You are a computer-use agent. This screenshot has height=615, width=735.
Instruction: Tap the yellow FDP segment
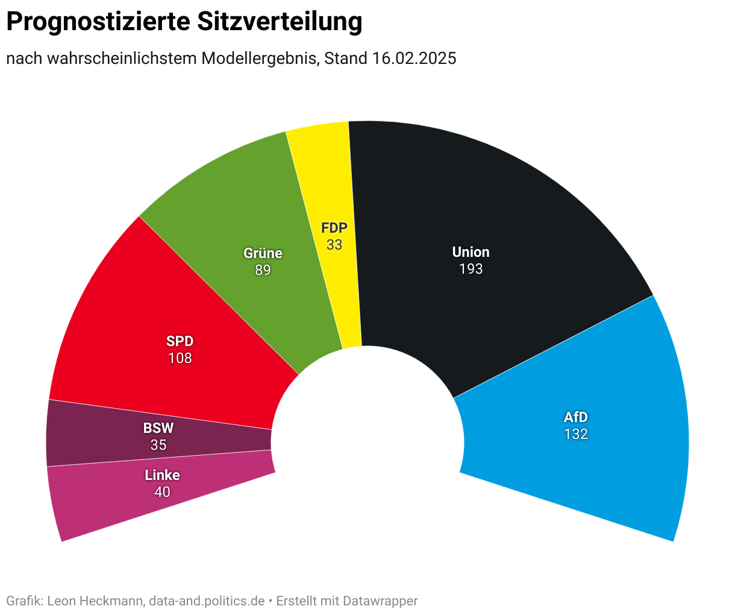tap(328, 181)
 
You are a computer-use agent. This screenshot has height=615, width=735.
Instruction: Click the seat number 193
tap(471, 269)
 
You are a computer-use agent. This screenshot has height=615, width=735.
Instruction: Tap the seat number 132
tap(575, 434)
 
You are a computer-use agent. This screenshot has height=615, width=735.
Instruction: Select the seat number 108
tap(180, 358)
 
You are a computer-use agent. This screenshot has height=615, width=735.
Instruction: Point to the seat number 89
tap(263, 270)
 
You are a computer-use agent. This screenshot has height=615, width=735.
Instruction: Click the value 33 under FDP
tap(334, 245)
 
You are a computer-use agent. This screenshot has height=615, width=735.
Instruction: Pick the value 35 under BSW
tap(158, 445)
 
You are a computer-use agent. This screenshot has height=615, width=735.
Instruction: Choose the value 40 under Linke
tap(162, 492)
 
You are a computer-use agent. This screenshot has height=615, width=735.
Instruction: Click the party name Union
tap(471, 252)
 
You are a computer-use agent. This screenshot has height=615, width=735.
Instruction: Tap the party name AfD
tap(575, 417)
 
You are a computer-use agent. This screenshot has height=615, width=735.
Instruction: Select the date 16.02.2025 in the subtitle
tap(414, 58)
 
